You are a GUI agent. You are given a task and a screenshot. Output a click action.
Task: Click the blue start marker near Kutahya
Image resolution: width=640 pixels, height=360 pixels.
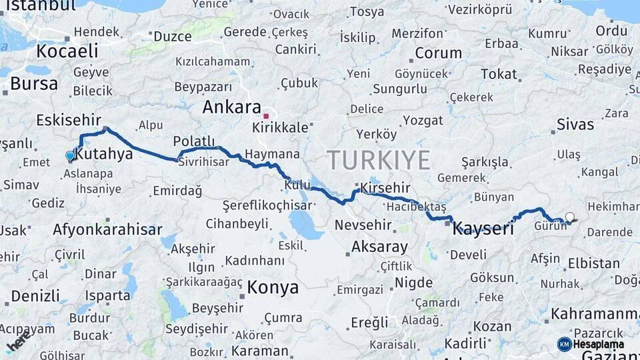tap(70, 156)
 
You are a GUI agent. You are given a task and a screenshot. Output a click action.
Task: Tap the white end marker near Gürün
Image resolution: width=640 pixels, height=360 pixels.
tap(569, 217)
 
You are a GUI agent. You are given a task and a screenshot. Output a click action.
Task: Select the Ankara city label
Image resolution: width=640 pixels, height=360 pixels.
tap(231, 107)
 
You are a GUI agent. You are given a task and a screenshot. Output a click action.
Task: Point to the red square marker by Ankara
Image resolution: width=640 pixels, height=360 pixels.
tap(266, 115)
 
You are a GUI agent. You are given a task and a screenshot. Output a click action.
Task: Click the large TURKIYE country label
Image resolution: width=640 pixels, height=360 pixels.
tap(378, 161)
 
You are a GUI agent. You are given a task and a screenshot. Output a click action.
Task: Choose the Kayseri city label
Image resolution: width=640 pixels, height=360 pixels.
tap(483, 229)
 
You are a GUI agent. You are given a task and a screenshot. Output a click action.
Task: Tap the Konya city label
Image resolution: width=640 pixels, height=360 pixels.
tap(273, 287)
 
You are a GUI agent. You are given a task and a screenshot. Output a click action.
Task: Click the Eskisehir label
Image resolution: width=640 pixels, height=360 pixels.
tap(67, 120)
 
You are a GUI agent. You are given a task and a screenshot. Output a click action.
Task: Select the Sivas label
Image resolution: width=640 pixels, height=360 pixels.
tap(575, 124)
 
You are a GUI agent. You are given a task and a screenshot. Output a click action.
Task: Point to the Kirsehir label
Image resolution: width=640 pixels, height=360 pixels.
tap(386, 189)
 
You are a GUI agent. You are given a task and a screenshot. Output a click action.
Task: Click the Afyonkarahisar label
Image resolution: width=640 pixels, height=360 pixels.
tap(107, 230)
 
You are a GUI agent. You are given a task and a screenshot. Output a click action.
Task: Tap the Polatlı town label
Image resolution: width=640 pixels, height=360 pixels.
tap(194, 141)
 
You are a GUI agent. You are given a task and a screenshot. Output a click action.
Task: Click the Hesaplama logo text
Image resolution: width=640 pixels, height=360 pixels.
tap(600, 345)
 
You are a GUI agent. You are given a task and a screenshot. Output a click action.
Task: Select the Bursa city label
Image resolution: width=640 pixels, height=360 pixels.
tap(34, 84)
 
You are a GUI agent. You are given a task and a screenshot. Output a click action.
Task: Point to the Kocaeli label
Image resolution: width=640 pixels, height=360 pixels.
tap(67, 51)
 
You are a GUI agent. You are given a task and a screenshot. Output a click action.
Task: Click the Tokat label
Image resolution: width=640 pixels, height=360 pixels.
tap(499, 74)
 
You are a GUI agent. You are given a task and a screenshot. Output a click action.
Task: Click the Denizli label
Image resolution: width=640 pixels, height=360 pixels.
tap(35, 295)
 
